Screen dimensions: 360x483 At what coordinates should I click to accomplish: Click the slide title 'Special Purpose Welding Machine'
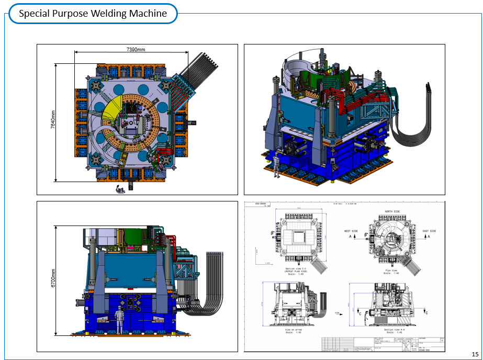[x=93, y=14]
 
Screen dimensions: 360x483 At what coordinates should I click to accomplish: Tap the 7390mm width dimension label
[x=136, y=49]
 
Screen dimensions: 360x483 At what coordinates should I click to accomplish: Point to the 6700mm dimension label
[x=53, y=280]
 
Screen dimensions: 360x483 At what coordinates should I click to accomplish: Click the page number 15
[x=475, y=353]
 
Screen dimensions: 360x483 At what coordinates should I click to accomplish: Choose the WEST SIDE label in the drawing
[x=354, y=231]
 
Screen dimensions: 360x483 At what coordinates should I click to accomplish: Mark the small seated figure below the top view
[x=121, y=188]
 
